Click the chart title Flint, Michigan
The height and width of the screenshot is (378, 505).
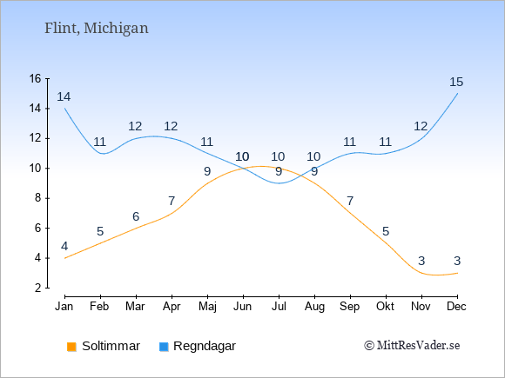point(97,28)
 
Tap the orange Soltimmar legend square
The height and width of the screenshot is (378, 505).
point(71,347)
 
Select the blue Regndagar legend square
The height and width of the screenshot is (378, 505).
point(164,347)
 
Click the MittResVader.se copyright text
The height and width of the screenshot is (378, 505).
point(412,346)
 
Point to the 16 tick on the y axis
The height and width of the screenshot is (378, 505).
point(36,78)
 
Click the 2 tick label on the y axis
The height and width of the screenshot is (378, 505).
point(38,288)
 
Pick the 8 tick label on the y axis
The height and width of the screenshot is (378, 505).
point(38,198)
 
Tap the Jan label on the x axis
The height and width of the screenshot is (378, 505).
point(64,307)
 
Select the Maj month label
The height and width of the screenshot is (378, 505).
point(207,307)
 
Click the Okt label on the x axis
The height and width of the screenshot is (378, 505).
point(385,307)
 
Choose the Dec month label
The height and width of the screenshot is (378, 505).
point(457,307)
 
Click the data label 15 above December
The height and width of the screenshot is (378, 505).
point(456,82)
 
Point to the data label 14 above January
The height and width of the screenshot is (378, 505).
point(64,96)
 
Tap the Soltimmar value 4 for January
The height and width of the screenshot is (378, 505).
point(64,246)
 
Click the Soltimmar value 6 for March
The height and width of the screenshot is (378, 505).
point(136,216)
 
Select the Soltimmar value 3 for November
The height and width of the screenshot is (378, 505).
point(421,261)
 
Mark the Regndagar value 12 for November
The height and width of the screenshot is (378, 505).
point(421,126)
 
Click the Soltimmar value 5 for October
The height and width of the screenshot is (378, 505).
point(386,231)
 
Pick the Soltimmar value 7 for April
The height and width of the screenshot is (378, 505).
point(172,202)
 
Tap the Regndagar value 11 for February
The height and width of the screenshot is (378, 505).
point(99,142)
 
